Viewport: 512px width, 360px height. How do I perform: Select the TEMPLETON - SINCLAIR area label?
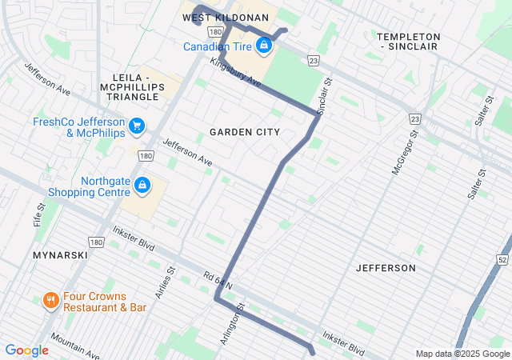408,42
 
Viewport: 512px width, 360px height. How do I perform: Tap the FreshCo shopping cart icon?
137,126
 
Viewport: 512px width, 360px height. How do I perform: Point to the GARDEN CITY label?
245,131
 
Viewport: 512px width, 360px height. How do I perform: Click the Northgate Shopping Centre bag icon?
142,186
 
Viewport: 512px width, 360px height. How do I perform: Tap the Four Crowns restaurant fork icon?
50,301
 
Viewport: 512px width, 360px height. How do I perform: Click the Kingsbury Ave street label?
235,72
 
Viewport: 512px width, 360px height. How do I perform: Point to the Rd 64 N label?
217,280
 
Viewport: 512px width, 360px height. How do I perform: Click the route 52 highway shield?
502,260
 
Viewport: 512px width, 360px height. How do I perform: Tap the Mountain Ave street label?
74,346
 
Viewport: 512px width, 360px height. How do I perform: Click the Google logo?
26,350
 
